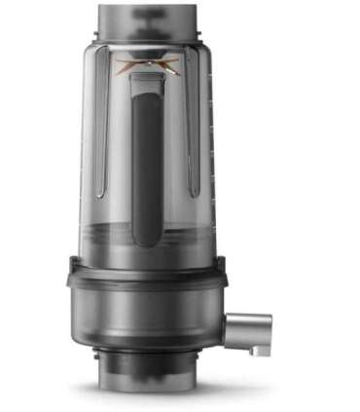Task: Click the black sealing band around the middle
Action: (x=146, y=278)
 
